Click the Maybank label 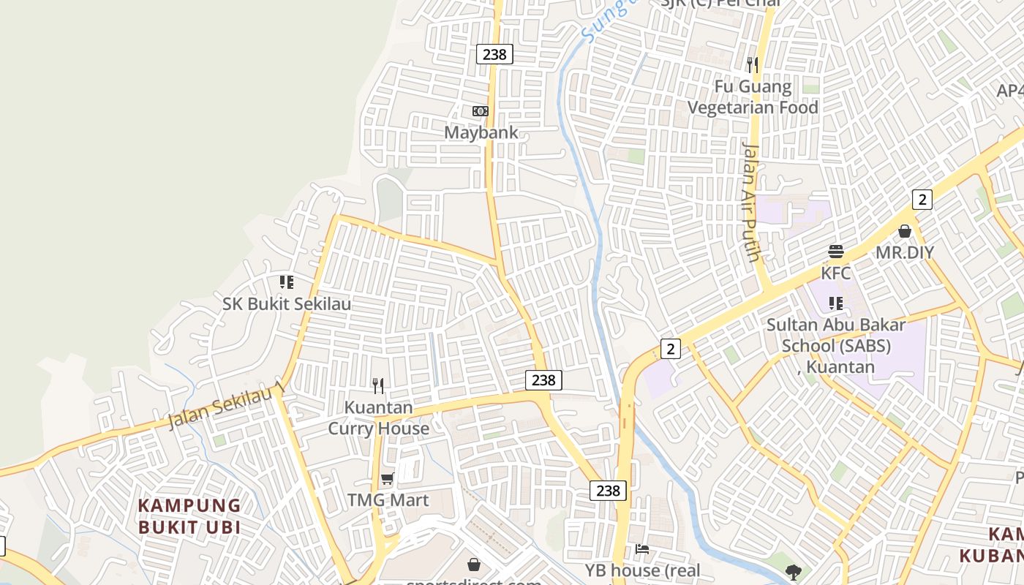tap(481, 132)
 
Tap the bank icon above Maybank tap(481, 111)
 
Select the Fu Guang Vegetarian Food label tap(753, 97)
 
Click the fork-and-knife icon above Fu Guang tap(753, 65)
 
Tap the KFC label tap(836, 273)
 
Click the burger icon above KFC tap(836, 252)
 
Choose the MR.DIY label tap(905, 252)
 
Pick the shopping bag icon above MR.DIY tap(905, 231)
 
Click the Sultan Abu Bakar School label tap(836, 345)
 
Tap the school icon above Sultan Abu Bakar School tap(836, 303)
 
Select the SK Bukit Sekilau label tap(287, 303)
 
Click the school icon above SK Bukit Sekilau tap(287, 282)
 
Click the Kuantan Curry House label tap(378, 418)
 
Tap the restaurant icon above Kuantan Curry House tap(378, 385)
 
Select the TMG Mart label tap(388, 500)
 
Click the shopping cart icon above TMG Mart tap(388, 479)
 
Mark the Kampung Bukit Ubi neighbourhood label tap(189, 516)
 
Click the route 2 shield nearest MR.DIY tap(922, 199)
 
